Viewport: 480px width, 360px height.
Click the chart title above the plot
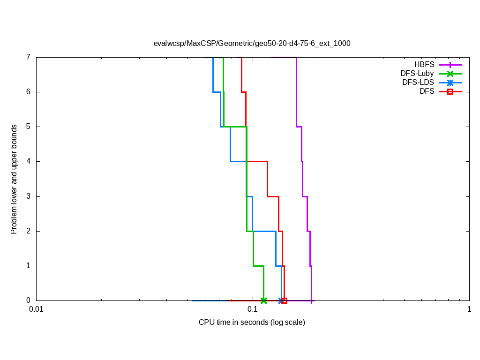click(x=252, y=43)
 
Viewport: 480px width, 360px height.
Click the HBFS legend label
click(x=424, y=65)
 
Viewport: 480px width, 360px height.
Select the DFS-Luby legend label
click(x=417, y=74)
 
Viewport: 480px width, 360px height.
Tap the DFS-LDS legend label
click(x=418, y=82)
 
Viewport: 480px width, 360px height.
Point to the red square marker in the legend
click(x=450, y=91)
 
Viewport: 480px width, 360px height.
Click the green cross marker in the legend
click(x=450, y=74)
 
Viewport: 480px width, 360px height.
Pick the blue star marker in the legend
click(x=450, y=82)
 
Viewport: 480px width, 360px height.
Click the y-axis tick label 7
click(x=28, y=57)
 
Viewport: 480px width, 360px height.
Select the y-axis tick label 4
click(x=28, y=161)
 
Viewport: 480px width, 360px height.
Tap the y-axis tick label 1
click(x=28, y=266)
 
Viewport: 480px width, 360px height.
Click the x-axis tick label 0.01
click(x=36, y=309)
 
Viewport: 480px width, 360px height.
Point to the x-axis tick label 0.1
click(x=253, y=309)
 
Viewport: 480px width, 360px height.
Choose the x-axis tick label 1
click(x=469, y=309)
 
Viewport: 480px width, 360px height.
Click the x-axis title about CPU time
click(x=252, y=322)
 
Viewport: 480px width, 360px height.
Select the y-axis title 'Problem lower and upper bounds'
click(x=14, y=179)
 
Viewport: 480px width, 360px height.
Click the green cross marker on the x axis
click(x=264, y=300)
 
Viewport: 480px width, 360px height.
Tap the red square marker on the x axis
click(x=284, y=300)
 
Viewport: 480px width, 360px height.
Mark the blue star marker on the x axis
click(x=281, y=300)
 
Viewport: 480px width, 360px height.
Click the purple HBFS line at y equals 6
click(x=296, y=92)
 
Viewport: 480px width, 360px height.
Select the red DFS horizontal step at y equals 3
click(x=273, y=196)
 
